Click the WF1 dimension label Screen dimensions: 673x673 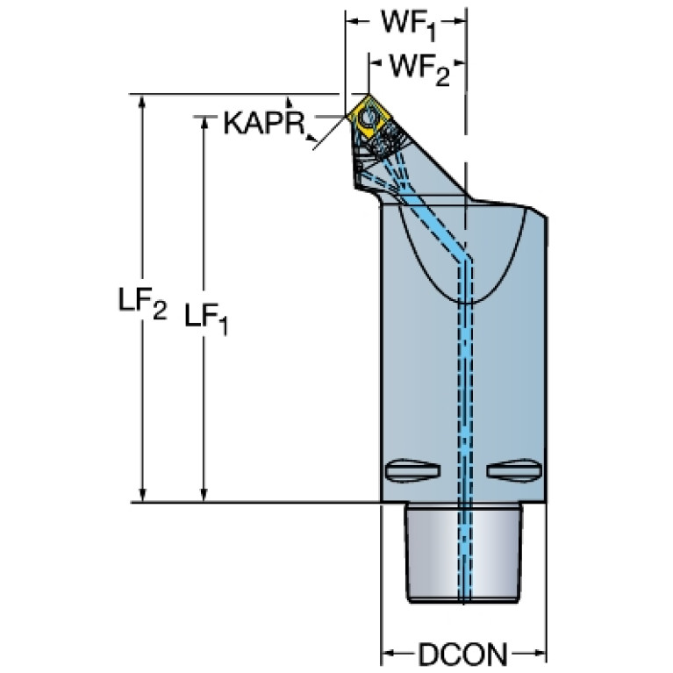(407, 24)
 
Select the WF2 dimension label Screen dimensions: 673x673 (418, 68)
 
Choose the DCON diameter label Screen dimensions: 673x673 (463, 653)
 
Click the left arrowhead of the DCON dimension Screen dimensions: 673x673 (387, 653)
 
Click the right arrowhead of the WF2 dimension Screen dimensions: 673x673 (460, 63)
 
